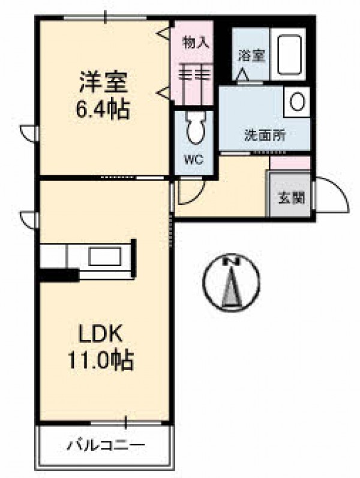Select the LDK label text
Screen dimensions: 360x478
(101, 334)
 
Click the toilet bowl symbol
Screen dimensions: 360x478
(195, 128)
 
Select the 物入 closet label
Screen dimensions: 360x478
(196, 43)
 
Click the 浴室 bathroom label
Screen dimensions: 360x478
(251, 55)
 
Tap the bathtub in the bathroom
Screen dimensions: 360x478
(290, 55)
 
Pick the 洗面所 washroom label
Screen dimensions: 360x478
(265, 135)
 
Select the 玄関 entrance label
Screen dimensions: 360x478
(292, 198)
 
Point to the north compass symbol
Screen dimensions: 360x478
(232, 282)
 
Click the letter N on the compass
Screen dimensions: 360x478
(232, 261)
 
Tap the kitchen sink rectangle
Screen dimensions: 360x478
(105, 256)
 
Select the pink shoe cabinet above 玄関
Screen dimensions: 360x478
(290, 163)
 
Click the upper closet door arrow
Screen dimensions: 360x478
(164, 34)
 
